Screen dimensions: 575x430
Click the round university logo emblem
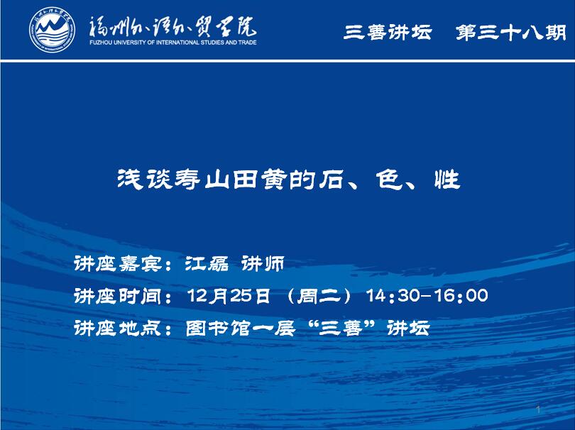(x=52, y=30)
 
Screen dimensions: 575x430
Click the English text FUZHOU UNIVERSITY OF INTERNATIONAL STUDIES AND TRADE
(x=172, y=43)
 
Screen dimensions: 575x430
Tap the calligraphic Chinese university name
(x=172, y=27)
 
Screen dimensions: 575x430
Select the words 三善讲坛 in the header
(x=388, y=32)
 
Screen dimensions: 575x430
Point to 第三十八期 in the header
(x=511, y=32)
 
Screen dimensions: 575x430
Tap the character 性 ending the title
(x=447, y=180)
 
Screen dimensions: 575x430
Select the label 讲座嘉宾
(x=118, y=263)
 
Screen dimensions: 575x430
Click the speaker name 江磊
(x=207, y=263)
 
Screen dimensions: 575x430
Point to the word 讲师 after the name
(x=263, y=263)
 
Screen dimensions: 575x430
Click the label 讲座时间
(x=118, y=296)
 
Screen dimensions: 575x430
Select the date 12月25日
(x=229, y=296)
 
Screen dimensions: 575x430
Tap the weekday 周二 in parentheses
(x=319, y=296)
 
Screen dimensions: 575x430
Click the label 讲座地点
(x=118, y=328)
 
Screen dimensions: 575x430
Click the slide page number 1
(x=538, y=409)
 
